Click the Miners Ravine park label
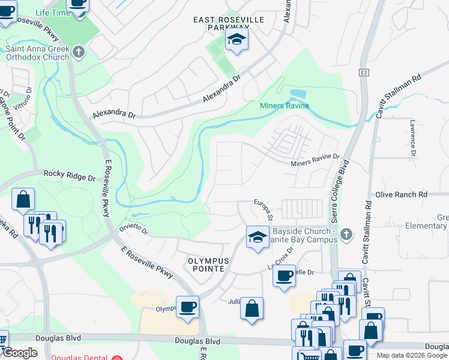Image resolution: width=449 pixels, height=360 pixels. point(284,106)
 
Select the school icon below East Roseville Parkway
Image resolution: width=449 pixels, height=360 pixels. point(236,41)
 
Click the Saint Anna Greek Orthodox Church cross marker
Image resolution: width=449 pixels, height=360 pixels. point(77,52)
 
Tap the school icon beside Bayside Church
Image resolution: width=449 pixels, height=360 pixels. point(256,236)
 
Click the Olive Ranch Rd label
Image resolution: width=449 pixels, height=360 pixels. point(401,195)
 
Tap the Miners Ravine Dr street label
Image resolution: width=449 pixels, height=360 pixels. point(315,161)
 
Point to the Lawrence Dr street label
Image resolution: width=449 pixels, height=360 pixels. point(412,137)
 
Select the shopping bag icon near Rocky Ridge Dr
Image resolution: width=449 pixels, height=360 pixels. point(23,199)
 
